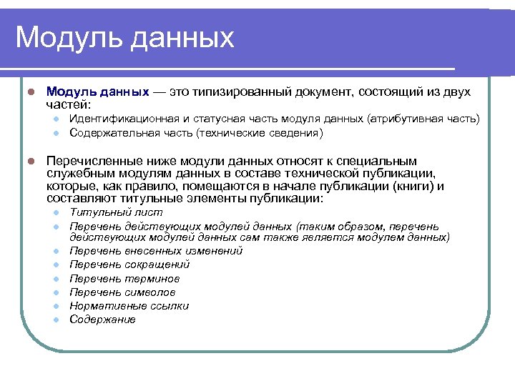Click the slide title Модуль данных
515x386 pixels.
(125, 37)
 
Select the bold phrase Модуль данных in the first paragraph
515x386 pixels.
(97, 92)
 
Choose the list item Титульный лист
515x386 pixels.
(116, 212)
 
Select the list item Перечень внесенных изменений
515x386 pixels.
(156, 251)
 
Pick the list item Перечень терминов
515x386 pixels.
(124, 279)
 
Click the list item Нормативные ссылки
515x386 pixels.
(129, 306)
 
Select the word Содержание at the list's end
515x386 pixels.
(102, 320)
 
